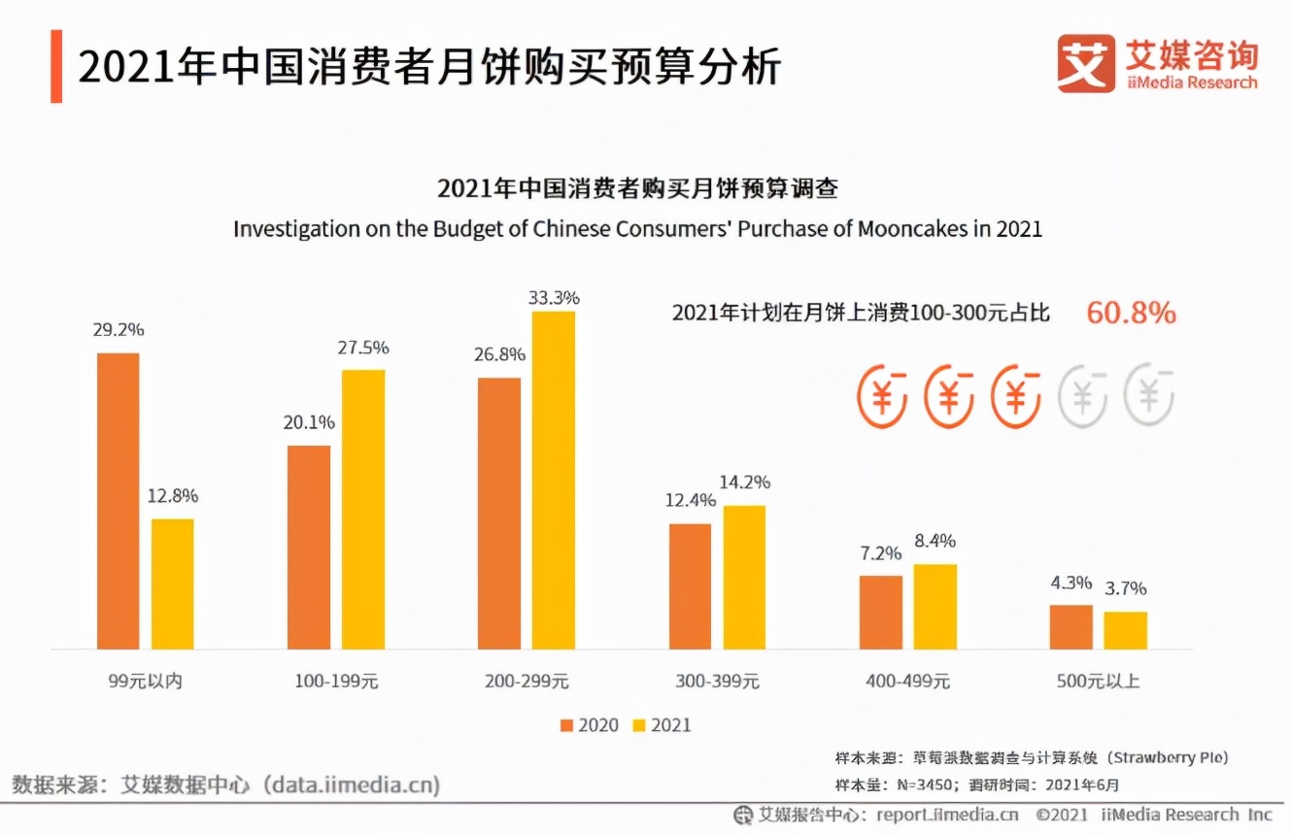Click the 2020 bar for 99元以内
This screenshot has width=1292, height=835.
[118, 501]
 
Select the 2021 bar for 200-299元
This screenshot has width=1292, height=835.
[553, 480]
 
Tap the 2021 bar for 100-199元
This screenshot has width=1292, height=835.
[362, 509]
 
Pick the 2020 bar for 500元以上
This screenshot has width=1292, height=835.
[1071, 626]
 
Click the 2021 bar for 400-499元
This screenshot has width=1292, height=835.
[935, 606]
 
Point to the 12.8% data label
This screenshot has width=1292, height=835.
[172, 496]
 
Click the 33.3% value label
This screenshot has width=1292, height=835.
[554, 297]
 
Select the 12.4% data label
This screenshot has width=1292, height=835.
[690, 500]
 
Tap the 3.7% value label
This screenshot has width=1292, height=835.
[1125, 588]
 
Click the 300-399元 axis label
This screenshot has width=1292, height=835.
[717, 681]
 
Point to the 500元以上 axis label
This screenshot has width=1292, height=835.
[1098, 681]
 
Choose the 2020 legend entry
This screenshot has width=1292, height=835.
[589, 725]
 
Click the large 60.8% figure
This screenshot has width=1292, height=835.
[1131, 313]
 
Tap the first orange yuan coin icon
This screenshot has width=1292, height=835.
[881, 396]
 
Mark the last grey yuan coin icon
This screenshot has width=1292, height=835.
[1149, 396]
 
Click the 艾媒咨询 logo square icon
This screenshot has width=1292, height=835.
[1086, 64]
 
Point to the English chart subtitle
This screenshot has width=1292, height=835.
[637, 229]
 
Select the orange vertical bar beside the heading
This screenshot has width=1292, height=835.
[56, 66]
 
